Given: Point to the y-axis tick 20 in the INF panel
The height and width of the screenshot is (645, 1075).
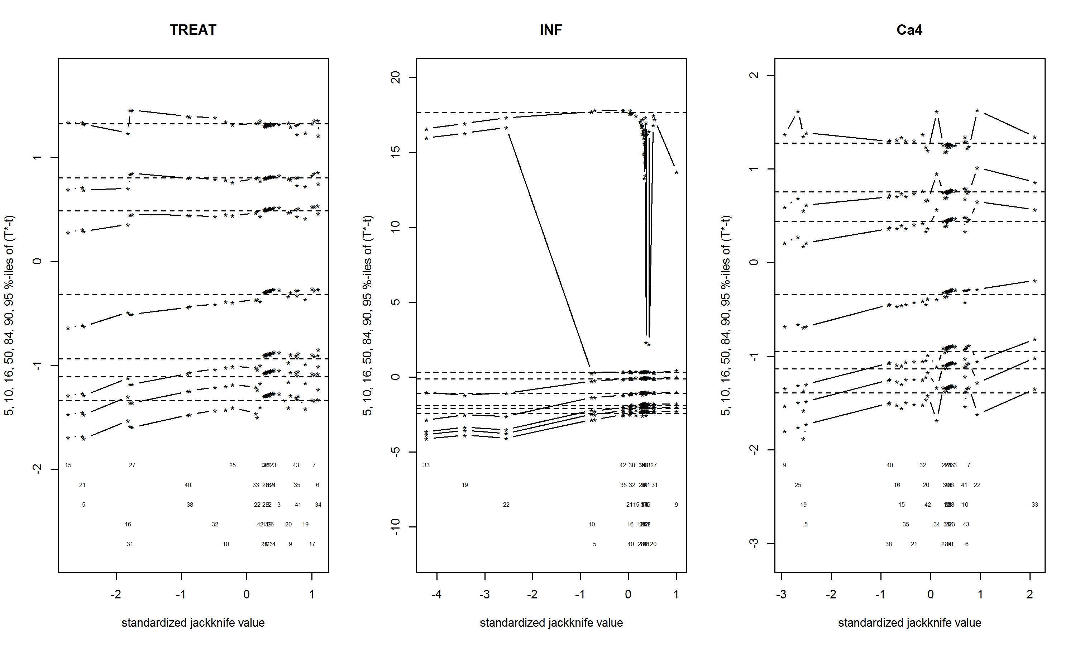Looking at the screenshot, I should coord(395,78).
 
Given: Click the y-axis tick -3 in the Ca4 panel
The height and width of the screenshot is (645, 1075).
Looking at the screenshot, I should coord(754,543).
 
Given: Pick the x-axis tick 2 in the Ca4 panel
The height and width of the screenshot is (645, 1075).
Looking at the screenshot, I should coord(1029,594).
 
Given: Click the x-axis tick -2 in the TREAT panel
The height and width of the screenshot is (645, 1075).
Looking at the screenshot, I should coord(116,594).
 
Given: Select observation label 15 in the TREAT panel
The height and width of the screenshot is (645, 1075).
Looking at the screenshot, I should coord(68,465).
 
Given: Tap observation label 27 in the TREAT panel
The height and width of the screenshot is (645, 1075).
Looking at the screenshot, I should coord(132,465).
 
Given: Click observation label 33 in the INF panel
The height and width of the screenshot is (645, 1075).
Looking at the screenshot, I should coord(426,465).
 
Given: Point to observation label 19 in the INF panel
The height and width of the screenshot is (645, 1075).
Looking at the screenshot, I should coord(464,484).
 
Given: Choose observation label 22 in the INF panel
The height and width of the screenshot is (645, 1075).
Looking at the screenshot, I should coord(506,505).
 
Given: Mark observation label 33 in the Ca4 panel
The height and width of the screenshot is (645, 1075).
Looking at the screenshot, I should coord(1035,505).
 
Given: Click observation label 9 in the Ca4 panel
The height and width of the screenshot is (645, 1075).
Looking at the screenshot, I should coord(784,465).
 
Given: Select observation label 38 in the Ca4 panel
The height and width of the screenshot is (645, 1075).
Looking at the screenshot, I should coord(889,544).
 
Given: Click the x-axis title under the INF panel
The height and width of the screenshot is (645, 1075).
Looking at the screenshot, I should coord(551,623).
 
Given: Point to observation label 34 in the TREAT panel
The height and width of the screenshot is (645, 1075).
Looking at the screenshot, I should coord(318,505).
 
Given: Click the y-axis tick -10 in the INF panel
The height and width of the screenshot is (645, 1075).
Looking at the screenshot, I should coord(395,527).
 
